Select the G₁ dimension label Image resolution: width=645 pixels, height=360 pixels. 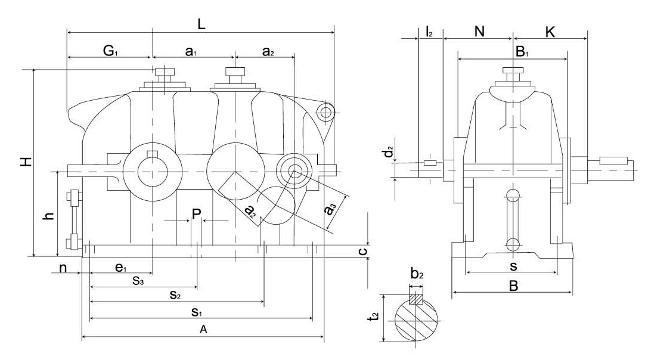click(109, 51)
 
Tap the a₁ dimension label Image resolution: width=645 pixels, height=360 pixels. click(191, 52)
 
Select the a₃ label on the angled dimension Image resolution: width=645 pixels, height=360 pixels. click(330, 214)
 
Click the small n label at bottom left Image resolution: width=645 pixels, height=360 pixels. click(63, 268)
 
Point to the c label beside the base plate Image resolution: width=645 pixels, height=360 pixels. click(361, 252)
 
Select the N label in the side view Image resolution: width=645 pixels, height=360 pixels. click(479, 32)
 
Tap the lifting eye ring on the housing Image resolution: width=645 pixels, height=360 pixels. click(325, 111)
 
